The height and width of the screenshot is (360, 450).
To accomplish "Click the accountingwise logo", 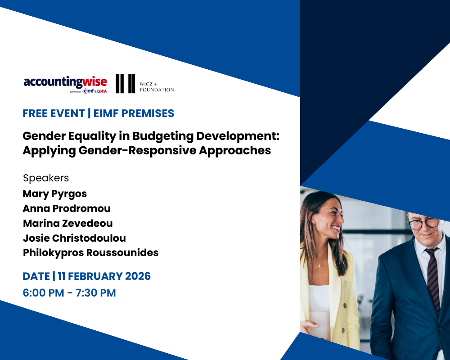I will tap(65, 83).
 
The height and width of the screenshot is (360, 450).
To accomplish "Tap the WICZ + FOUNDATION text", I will tap(157, 86).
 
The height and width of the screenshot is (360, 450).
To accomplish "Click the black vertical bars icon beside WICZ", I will tap(125, 84).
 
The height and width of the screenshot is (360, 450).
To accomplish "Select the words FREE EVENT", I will tap(54, 113).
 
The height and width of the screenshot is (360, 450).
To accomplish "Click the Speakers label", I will tap(46, 178).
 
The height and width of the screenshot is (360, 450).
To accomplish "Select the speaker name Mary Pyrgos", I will tap(54, 194).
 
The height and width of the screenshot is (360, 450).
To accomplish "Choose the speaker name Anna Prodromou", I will tap(67, 209).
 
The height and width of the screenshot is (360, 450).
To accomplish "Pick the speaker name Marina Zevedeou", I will tap(67, 223).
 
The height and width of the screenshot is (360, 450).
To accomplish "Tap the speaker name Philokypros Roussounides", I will tap(90, 252).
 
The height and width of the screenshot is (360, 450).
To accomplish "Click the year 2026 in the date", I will tap(138, 276).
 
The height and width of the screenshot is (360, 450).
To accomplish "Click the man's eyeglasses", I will tap(425, 222).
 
